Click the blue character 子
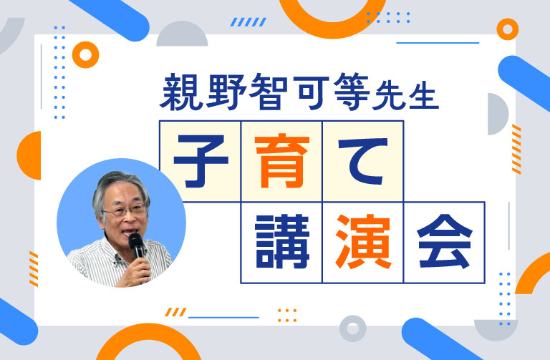point(201,160)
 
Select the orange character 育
point(281,160)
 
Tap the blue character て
point(362,160)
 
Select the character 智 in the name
point(269,92)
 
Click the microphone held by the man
point(136,248)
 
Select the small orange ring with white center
point(85,55)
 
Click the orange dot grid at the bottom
point(286,315)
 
